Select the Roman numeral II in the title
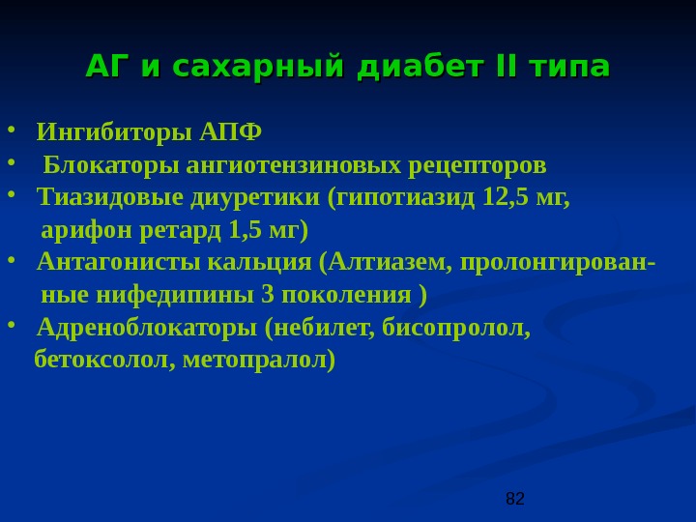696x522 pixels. click(x=506, y=67)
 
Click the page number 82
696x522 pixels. click(x=515, y=499)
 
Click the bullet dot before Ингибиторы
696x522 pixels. click(x=10, y=130)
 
